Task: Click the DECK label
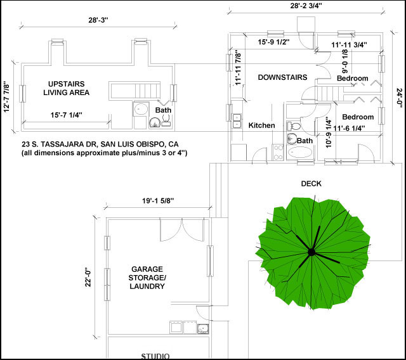click(x=311, y=184)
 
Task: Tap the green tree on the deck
click(x=313, y=253)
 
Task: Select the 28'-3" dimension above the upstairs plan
click(x=98, y=20)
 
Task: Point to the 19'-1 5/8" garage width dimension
click(x=158, y=201)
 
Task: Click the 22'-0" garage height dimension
click(x=89, y=277)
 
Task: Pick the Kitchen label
click(x=261, y=125)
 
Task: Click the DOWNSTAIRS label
click(x=282, y=77)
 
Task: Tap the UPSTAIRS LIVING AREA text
click(x=66, y=88)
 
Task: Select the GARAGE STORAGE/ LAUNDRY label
click(x=147, y=278)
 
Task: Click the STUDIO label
click(x=155, y=356)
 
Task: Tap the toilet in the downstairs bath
click(x=294, y=127)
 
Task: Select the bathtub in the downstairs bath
click(x=300, y=152)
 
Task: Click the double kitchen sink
click(x=237, y=121)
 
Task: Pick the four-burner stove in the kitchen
click(x=278, y=152)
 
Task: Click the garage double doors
click(x=182, y=230)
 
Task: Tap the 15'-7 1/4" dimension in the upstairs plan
click(x=66, y=115)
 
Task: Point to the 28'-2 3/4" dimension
click(x=306, y=6)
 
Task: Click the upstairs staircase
click(x=134, y=91)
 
